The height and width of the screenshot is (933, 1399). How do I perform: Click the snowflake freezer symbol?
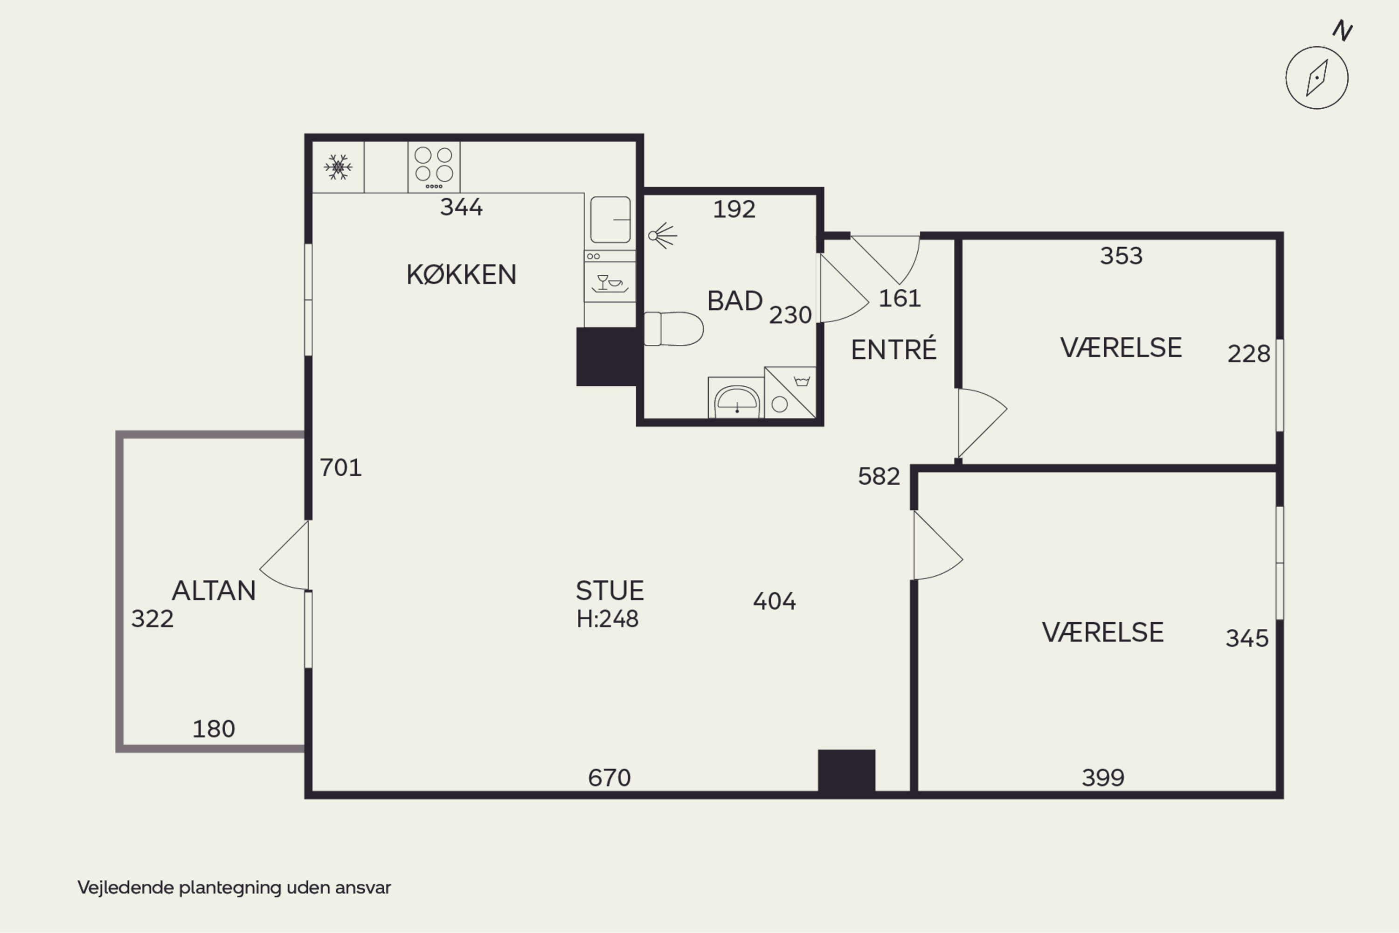point(338,167)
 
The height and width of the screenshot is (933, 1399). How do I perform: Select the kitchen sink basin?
point(610,220)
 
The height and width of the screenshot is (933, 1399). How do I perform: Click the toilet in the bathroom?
point(673,328)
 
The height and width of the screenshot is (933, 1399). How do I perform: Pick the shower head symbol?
point(663,236)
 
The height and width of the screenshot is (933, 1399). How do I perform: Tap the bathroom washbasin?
point(736,399)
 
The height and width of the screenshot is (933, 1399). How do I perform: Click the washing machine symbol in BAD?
point(790,393)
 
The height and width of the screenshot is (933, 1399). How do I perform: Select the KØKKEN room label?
point(461,274)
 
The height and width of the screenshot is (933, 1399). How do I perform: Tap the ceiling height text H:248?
point(607,620)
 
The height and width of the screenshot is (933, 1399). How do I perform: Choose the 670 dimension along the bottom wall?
point(609,778)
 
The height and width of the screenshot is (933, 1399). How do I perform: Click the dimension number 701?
point(340,468)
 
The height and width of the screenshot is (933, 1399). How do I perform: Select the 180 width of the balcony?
point(214,729)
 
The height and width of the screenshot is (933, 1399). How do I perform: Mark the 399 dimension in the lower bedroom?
point(1103,778)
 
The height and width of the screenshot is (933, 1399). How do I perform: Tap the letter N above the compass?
point(1343,30)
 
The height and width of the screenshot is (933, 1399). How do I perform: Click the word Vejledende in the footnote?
point(125,887)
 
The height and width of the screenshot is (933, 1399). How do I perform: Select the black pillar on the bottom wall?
point(846,771)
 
